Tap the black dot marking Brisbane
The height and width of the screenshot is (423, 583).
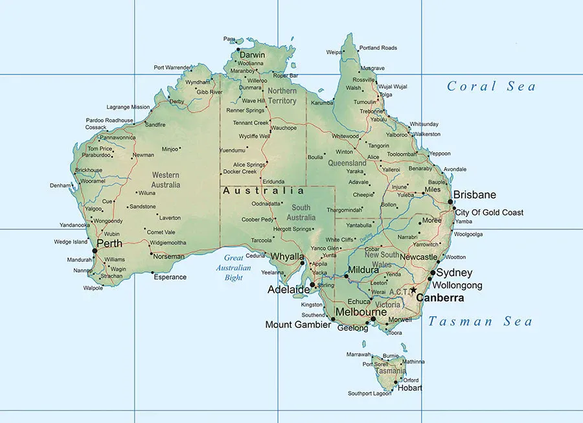pos(451,201)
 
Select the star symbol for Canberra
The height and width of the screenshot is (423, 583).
pos(413,290)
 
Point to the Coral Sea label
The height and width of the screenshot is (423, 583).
pos(492,86)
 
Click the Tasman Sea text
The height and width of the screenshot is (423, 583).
pos(480,321)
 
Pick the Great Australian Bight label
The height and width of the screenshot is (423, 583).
pos(234,268)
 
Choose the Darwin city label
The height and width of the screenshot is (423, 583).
pos(252,55)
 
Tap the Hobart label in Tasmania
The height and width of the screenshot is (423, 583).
pos(411,388)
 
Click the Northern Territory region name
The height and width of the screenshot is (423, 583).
pos(282,96)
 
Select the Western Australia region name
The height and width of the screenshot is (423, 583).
pos(166,179)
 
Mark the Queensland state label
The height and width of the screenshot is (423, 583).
pos(347,163)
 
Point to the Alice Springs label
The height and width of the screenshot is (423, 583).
pos(249,165)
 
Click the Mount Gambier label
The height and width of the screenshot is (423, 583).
pos(298,325)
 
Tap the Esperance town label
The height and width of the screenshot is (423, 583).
pos(170,277)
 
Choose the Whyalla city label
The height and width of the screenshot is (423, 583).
pos(287,257)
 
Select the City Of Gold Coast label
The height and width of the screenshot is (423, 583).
pos(489,212)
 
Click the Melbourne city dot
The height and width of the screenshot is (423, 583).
pos(373,319)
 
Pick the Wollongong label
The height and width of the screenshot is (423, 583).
pos(457,286)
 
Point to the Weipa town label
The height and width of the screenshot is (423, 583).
pos(334,52)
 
